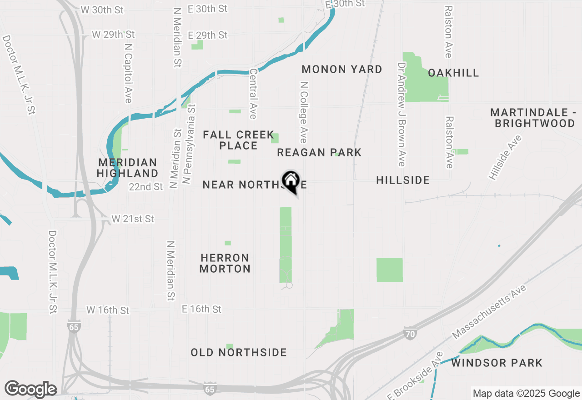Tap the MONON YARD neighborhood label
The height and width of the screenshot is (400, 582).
click(x=342, y=70)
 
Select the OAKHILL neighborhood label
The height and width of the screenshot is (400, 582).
click(x=453, y=73)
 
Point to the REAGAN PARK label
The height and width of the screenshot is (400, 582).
click(x=319, y=153)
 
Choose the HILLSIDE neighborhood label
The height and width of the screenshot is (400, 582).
click(x=403, y=180)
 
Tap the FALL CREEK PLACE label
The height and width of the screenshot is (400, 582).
click(x=238, y=140)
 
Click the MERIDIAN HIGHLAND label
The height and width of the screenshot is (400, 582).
click(x=127, y=168)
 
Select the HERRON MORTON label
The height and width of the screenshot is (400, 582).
click(x=225, y=263)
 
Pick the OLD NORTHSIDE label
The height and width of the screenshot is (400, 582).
click(x=238, y=353)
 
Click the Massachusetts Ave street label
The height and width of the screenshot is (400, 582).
click(x=489, y=312)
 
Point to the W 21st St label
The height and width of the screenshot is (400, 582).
click(x=133, y=219)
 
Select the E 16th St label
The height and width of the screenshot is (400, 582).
click(x=201, y=309)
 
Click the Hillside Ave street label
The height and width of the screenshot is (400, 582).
click(x=505, y=157)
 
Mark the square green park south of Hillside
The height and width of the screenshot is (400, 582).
click(x=389, y=270)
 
